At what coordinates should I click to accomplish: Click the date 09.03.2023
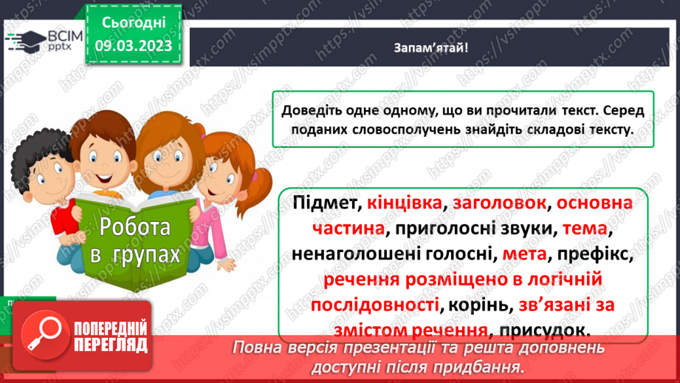tap(133, 46)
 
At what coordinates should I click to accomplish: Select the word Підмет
tap(320, 203)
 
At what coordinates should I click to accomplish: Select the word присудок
tap(545, 329)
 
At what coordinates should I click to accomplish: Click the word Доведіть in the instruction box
tap(311, 110)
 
